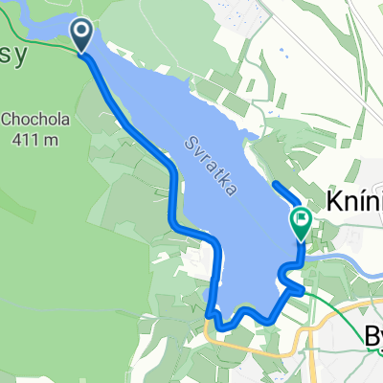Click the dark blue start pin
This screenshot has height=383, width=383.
click(82, 36)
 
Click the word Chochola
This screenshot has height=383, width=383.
click(34, 120)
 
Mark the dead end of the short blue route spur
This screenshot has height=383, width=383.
click(274, 183)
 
